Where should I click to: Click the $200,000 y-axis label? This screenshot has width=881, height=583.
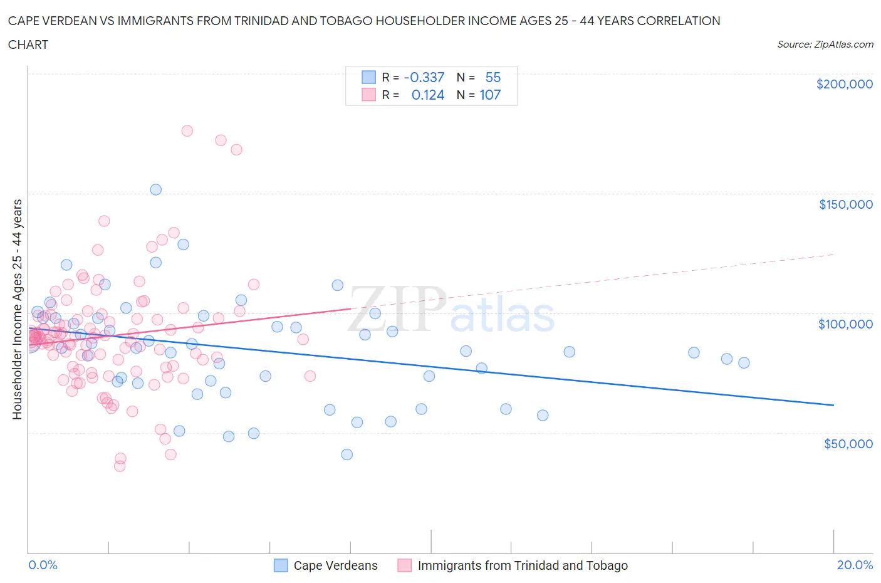pos(844,84)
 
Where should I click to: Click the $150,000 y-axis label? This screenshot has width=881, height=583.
pos(845,204)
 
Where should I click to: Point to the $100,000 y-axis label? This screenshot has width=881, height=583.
pos(845,324)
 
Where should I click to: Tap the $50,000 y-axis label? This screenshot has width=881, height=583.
pos(848,444)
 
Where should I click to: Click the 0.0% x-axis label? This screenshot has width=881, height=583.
pos(43,565)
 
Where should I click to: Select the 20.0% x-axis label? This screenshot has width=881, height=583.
pos(855,565)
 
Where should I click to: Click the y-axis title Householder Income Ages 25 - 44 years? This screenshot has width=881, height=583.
pos(18,309)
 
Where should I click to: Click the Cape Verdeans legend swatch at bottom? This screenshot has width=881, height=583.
pos(281,565)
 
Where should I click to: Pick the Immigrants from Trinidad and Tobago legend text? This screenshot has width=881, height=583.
pos(523,565)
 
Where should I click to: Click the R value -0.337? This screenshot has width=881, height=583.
pos(424,77)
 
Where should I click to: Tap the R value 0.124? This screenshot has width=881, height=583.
pos(428,95)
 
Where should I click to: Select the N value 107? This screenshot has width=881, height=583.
pos(490,95)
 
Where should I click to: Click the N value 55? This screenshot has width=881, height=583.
pos(493,77)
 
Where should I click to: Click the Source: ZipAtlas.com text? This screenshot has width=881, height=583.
pos(825,44)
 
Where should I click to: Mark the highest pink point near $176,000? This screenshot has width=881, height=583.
pos(187,131)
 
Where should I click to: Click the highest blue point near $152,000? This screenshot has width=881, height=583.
pos(156,189)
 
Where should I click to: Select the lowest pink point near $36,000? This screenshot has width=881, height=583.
pos(120,466)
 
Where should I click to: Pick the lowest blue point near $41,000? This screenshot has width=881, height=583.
pos(347,454)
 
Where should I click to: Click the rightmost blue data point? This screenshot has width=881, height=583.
pos(744,362)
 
